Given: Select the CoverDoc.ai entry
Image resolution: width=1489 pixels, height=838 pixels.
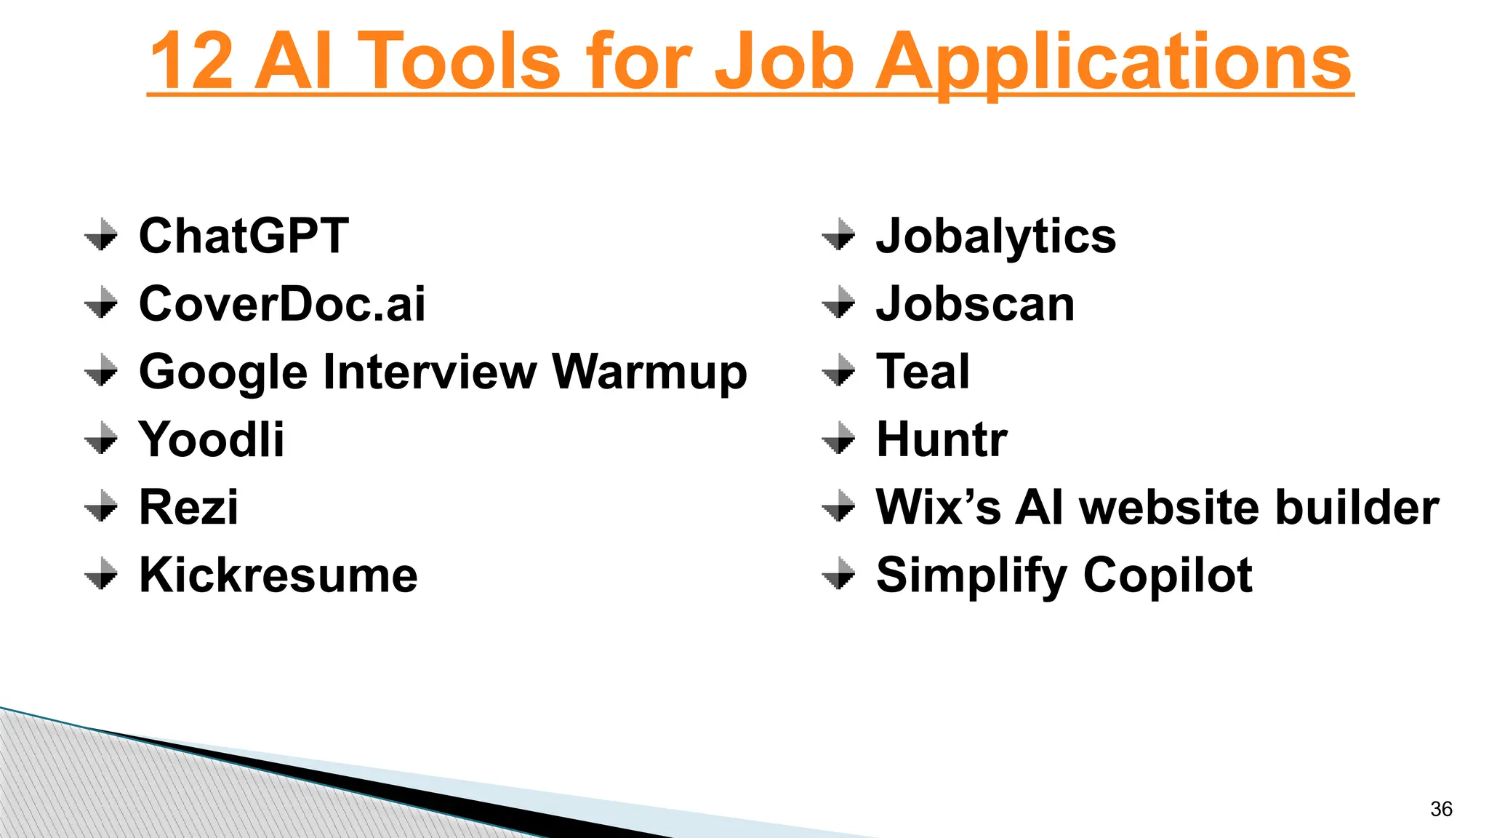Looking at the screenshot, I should tap(282, 303).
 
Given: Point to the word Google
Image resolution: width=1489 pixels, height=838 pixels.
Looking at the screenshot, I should tap(223, 373).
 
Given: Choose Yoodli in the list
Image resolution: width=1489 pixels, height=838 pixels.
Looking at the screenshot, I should tap(211, 439).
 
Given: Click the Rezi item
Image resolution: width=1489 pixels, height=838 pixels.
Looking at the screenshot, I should tap(188, 507).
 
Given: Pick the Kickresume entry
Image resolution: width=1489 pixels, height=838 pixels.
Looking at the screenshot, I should tap(278, 575).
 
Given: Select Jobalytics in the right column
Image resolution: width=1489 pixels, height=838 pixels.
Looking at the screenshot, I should tap(995, 237).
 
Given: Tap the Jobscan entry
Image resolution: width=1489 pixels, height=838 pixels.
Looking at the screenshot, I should tap(975, 303).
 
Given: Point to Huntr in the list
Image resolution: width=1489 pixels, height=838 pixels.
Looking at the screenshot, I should tap(942, 439).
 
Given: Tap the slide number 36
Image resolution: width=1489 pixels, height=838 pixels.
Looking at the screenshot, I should tap(1441, 809).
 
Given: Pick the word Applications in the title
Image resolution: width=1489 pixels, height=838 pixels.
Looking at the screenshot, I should tap(1112, 63).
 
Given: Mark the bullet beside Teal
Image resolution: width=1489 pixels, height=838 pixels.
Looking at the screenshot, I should tap(839, 370).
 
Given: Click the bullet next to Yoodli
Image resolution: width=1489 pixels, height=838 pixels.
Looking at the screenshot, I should tap(101, 438).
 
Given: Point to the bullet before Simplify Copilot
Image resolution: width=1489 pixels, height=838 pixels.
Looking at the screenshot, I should tap(839, 573).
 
